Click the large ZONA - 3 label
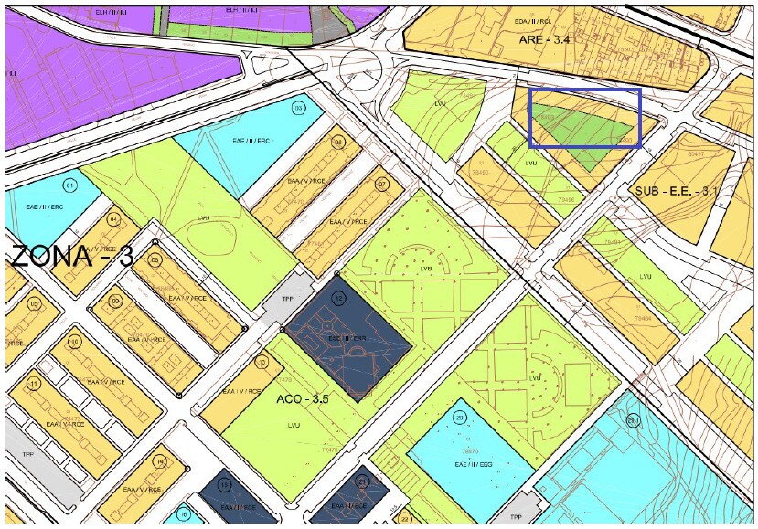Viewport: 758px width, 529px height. coord(71,257)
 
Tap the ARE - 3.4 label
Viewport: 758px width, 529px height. coord(544,39)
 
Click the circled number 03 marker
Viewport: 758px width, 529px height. coord(298,108)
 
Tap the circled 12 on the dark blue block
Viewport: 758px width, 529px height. coord(338,297)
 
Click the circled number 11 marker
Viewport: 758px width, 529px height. coord(35,384)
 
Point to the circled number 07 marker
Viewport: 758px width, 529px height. coord(382,184)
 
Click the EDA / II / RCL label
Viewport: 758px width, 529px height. coord(532,21)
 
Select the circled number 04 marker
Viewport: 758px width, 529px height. coord(113,220)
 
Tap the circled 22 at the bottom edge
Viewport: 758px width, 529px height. coord(405,519)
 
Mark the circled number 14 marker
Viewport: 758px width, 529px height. coord(160,461)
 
